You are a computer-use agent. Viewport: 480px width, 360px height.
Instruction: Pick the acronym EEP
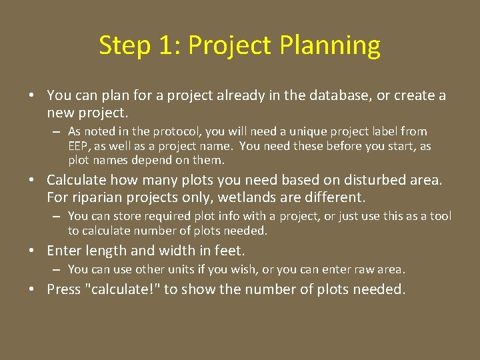coord(78,146)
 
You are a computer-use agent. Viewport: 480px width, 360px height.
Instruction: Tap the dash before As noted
coord(58,132)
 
